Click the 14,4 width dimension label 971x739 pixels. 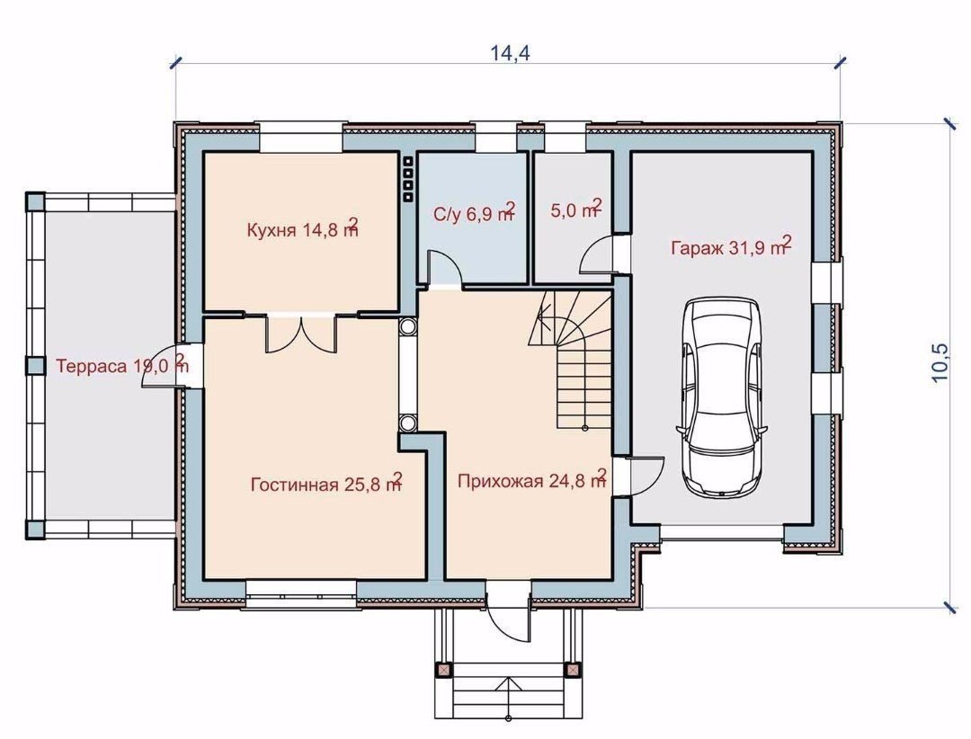(511, 53)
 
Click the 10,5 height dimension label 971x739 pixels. (940, 362)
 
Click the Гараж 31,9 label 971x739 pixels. (731, 246)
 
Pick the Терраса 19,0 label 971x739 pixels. (122, 364)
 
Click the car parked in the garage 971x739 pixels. (722, 396)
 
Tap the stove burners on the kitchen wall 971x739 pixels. (408, 178)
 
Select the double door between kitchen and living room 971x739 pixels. (301, 334)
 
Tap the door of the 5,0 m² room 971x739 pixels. (598, 254)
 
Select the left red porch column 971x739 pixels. (443, 671)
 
